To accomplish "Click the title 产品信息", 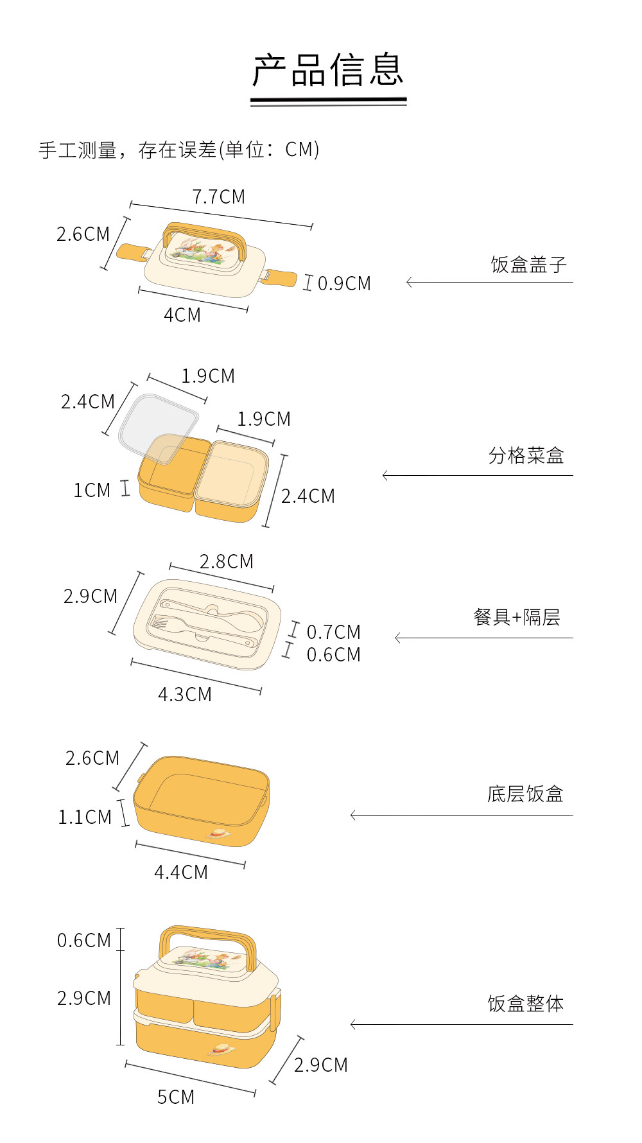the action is [x=328, y=70].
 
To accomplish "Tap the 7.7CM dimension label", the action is [x=219, y=197].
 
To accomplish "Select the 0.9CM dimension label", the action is [x=344, y=283].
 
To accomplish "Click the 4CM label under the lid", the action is [x=182, y=315].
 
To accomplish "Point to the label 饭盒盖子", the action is [x=528, y=265].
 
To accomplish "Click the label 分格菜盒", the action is [x=526, y=456].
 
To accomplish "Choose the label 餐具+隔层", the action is [x=517, y=618].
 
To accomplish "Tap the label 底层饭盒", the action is [x=525, y=794].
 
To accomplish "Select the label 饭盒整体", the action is [x=525, y=1004].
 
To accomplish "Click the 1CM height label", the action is [x=92, y=491].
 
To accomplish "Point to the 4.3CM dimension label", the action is [x=185, y=695].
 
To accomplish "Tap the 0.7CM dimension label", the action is [x=333, y=633].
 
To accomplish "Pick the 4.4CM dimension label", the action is [x=181, y=873].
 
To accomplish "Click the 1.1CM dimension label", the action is [x=85, y=817].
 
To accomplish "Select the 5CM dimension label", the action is [x=176, y=1097].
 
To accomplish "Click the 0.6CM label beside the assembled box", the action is [x=84, y=941].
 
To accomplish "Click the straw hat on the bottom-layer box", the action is [x=218, y=833].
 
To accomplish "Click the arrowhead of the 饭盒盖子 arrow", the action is [x=409, y=282].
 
